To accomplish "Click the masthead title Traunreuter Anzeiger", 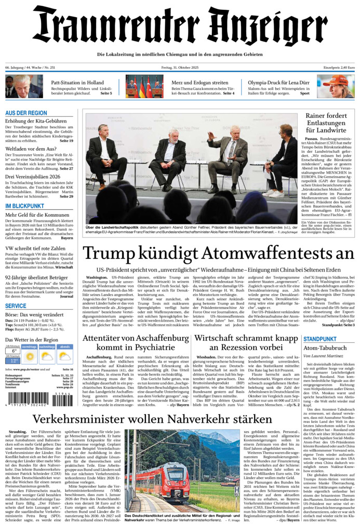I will (x=180, y=26).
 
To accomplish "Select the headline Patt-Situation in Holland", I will (x=77, y=83).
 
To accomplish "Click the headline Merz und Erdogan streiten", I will (x=200, y=83).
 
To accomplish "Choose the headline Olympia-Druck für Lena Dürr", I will (x=278, y=83).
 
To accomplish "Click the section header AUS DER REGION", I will (x=26, y=113).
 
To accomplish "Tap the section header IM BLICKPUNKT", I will (x=24, y=206).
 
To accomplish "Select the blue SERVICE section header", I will (x=16, y=306).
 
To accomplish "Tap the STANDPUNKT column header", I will (x=320, y=339).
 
